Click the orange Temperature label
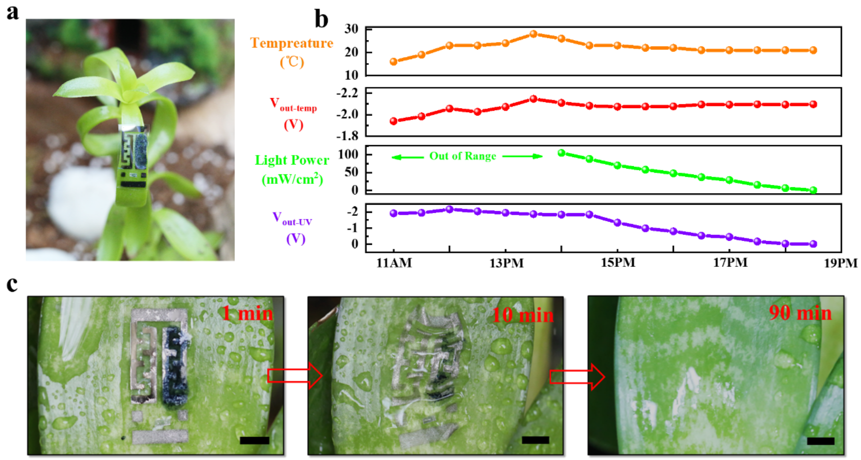(x=291, y=44)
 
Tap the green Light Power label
(x=291, y=161)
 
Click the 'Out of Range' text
(x=463, y=156)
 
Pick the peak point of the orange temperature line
(x=533, y=34)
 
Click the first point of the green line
(x=561, y=153)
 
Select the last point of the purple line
(x=813, y=244)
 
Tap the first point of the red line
(x=393, y=121)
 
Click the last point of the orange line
(x=813, y=50)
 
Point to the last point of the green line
(x=813, y=190)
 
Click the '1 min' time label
(x=247, y=314)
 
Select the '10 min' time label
(x=523, y=315)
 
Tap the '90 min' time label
(x=800, y=313)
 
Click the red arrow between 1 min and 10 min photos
(x=295, y=375)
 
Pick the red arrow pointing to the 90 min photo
(x=577, y=377)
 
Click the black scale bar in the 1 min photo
(x=254, y=440)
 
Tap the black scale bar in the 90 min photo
(x=820, y=441)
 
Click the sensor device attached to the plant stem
(x=133, y=163)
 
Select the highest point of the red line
(x=533, y=99)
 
